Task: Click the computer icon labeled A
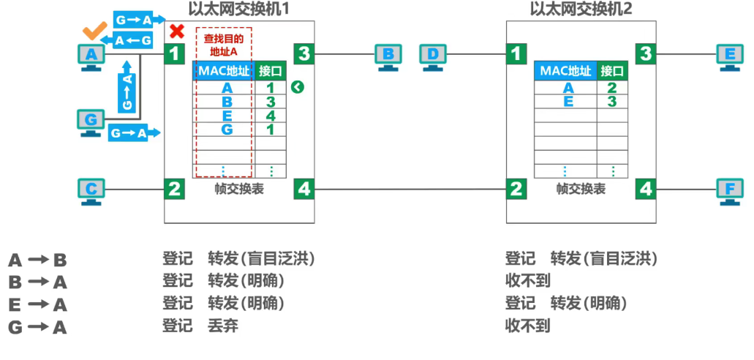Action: coord(91,56)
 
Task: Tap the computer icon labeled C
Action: coord(91,190)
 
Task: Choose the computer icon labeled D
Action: coord(434,56)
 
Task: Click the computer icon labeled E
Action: coord(730,56)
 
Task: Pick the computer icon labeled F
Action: coord(730,190)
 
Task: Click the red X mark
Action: coord(176,31)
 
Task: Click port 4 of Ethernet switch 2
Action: coord(646,190)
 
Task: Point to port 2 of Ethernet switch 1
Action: coord(174,190)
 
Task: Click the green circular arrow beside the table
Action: coord(296,88)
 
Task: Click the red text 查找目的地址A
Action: coord(223,45)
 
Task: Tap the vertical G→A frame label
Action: coord(127,91)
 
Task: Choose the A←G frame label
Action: coord(134,41)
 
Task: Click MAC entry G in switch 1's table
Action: coord(227,130)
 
